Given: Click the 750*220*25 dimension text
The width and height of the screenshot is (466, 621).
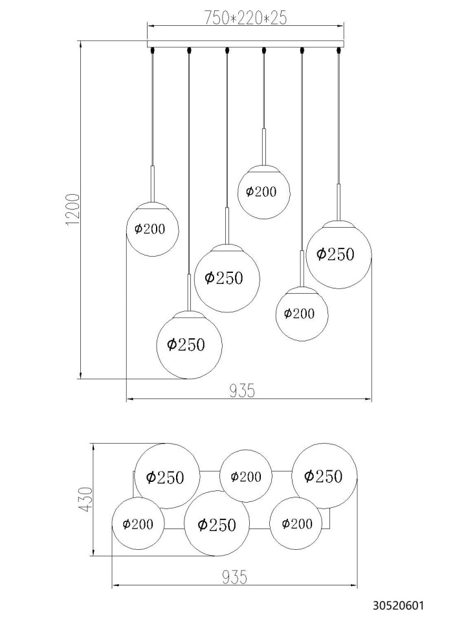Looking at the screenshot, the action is pyautogui.click(x=245, y=18).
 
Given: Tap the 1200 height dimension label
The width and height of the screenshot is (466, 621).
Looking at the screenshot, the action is pyautogui.click(x=74, y=210).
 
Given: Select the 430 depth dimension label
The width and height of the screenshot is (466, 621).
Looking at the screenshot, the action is pyautogui.click(x=86, y=499).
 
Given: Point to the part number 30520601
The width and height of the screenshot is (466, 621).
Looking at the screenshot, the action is pyautogui.click(x=398, y=605).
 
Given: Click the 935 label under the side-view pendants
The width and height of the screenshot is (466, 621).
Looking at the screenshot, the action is pyautogui.click(x=241, y=391).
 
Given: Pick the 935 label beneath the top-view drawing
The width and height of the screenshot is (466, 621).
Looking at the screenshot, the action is pyautogui.click(x=234, y=577).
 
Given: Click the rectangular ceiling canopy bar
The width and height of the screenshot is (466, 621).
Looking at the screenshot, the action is pyautogui.click(x=246, y=44).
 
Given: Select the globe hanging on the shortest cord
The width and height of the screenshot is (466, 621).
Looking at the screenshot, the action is pyautogui.click(x=264, y=192).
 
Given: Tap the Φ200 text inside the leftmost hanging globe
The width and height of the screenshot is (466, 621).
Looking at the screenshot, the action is pyautogui.click(x=150, y=229).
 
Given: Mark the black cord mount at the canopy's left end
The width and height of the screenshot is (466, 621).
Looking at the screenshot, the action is pyautogui.click(x=152, y=50).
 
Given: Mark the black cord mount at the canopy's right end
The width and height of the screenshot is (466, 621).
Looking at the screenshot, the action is pyautogui.click(x=338, y=50).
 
